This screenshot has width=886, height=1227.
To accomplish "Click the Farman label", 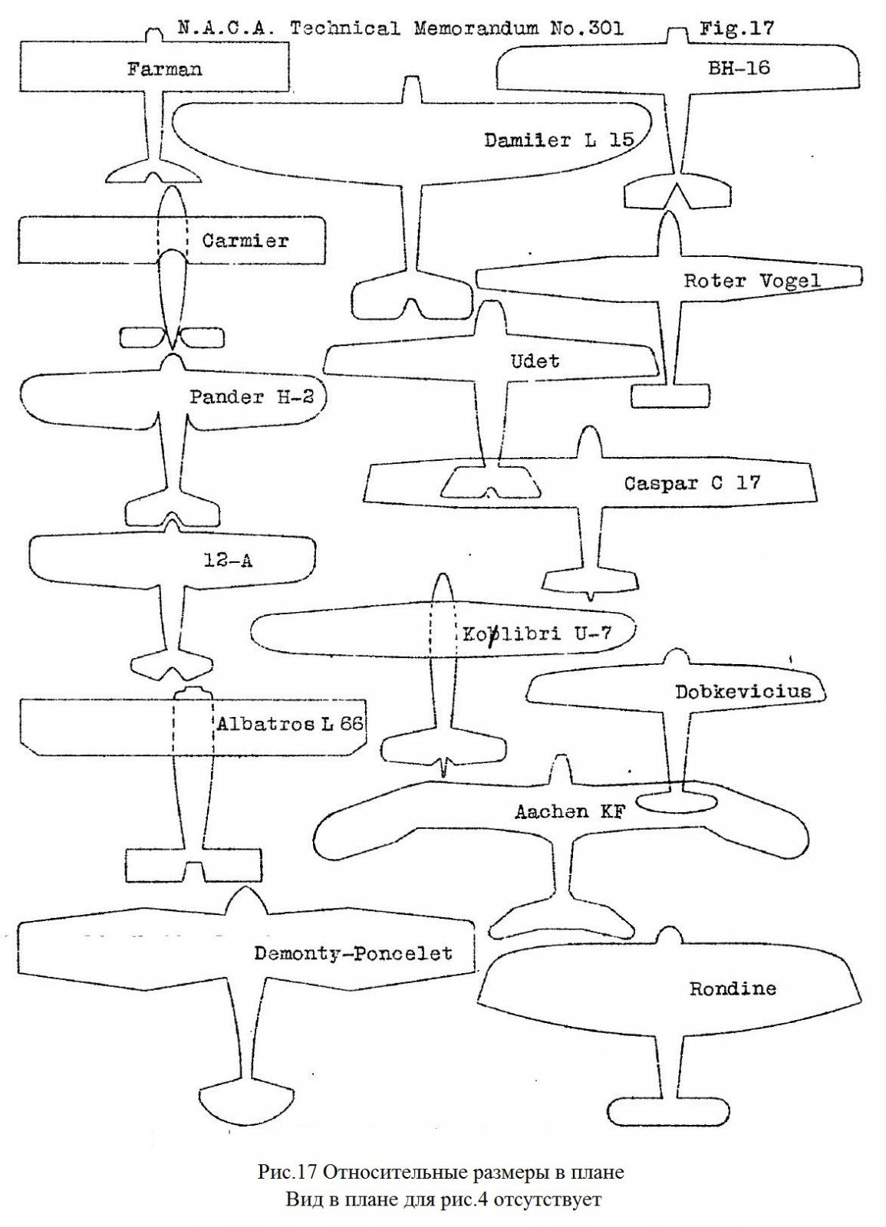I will click(x=164, y=69).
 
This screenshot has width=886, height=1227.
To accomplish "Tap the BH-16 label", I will click(x=738, y=68).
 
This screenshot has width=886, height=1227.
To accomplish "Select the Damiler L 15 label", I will click(x=559, y=140).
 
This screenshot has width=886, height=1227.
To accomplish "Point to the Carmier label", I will click(x=245, y=241).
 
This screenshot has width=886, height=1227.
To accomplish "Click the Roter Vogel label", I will click(x=752, y=281).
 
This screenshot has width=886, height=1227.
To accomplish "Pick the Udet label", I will click(x=535, y=360).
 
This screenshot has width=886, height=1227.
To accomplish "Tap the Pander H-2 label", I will click(x=252, y=397).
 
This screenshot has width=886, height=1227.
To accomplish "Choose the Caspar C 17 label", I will click(x=691, y=484).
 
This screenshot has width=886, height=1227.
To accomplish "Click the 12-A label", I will click(x=228, y=561).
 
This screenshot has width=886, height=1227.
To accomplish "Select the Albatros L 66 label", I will click(x=290, y=724).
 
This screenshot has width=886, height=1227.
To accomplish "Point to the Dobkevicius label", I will click(x=743, y=692).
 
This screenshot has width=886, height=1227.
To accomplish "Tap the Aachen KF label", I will click(x=570, y=811).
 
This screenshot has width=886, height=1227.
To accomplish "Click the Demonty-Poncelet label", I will click(x=353, y=953).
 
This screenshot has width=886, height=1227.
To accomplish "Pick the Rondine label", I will click(x=732, y=989).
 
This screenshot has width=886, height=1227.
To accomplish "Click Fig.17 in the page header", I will click(x=736, y=29).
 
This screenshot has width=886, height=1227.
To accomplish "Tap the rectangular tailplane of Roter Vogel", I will click(x=669, y=396).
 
